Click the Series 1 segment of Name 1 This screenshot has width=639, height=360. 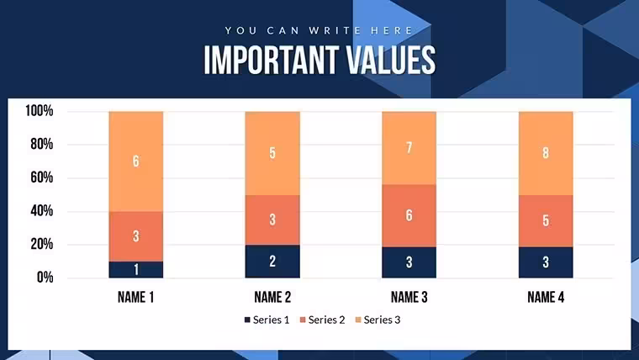(135, 269)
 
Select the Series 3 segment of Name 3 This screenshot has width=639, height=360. (409, 148)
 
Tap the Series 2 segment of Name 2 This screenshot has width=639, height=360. (272, 220)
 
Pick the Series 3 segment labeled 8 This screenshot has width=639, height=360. (546, 153)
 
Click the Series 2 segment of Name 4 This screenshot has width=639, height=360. (546, 221)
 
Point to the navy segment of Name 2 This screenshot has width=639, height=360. (272, 262)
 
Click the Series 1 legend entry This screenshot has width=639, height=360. (267, 320)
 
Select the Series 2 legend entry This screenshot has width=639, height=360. (322, 320)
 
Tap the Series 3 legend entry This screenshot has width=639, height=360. (378, 320)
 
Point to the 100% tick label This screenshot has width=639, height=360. (40, 110)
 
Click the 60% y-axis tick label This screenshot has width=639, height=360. (41, 177)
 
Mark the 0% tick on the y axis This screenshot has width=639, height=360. (45, 278)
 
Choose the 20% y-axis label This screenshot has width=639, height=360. (41, 244)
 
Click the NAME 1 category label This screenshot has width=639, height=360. (135, 297)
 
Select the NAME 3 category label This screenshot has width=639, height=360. (409, 297)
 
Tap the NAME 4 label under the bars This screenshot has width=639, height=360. (546, 297)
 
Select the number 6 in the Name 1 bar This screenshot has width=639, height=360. (135, 161)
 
